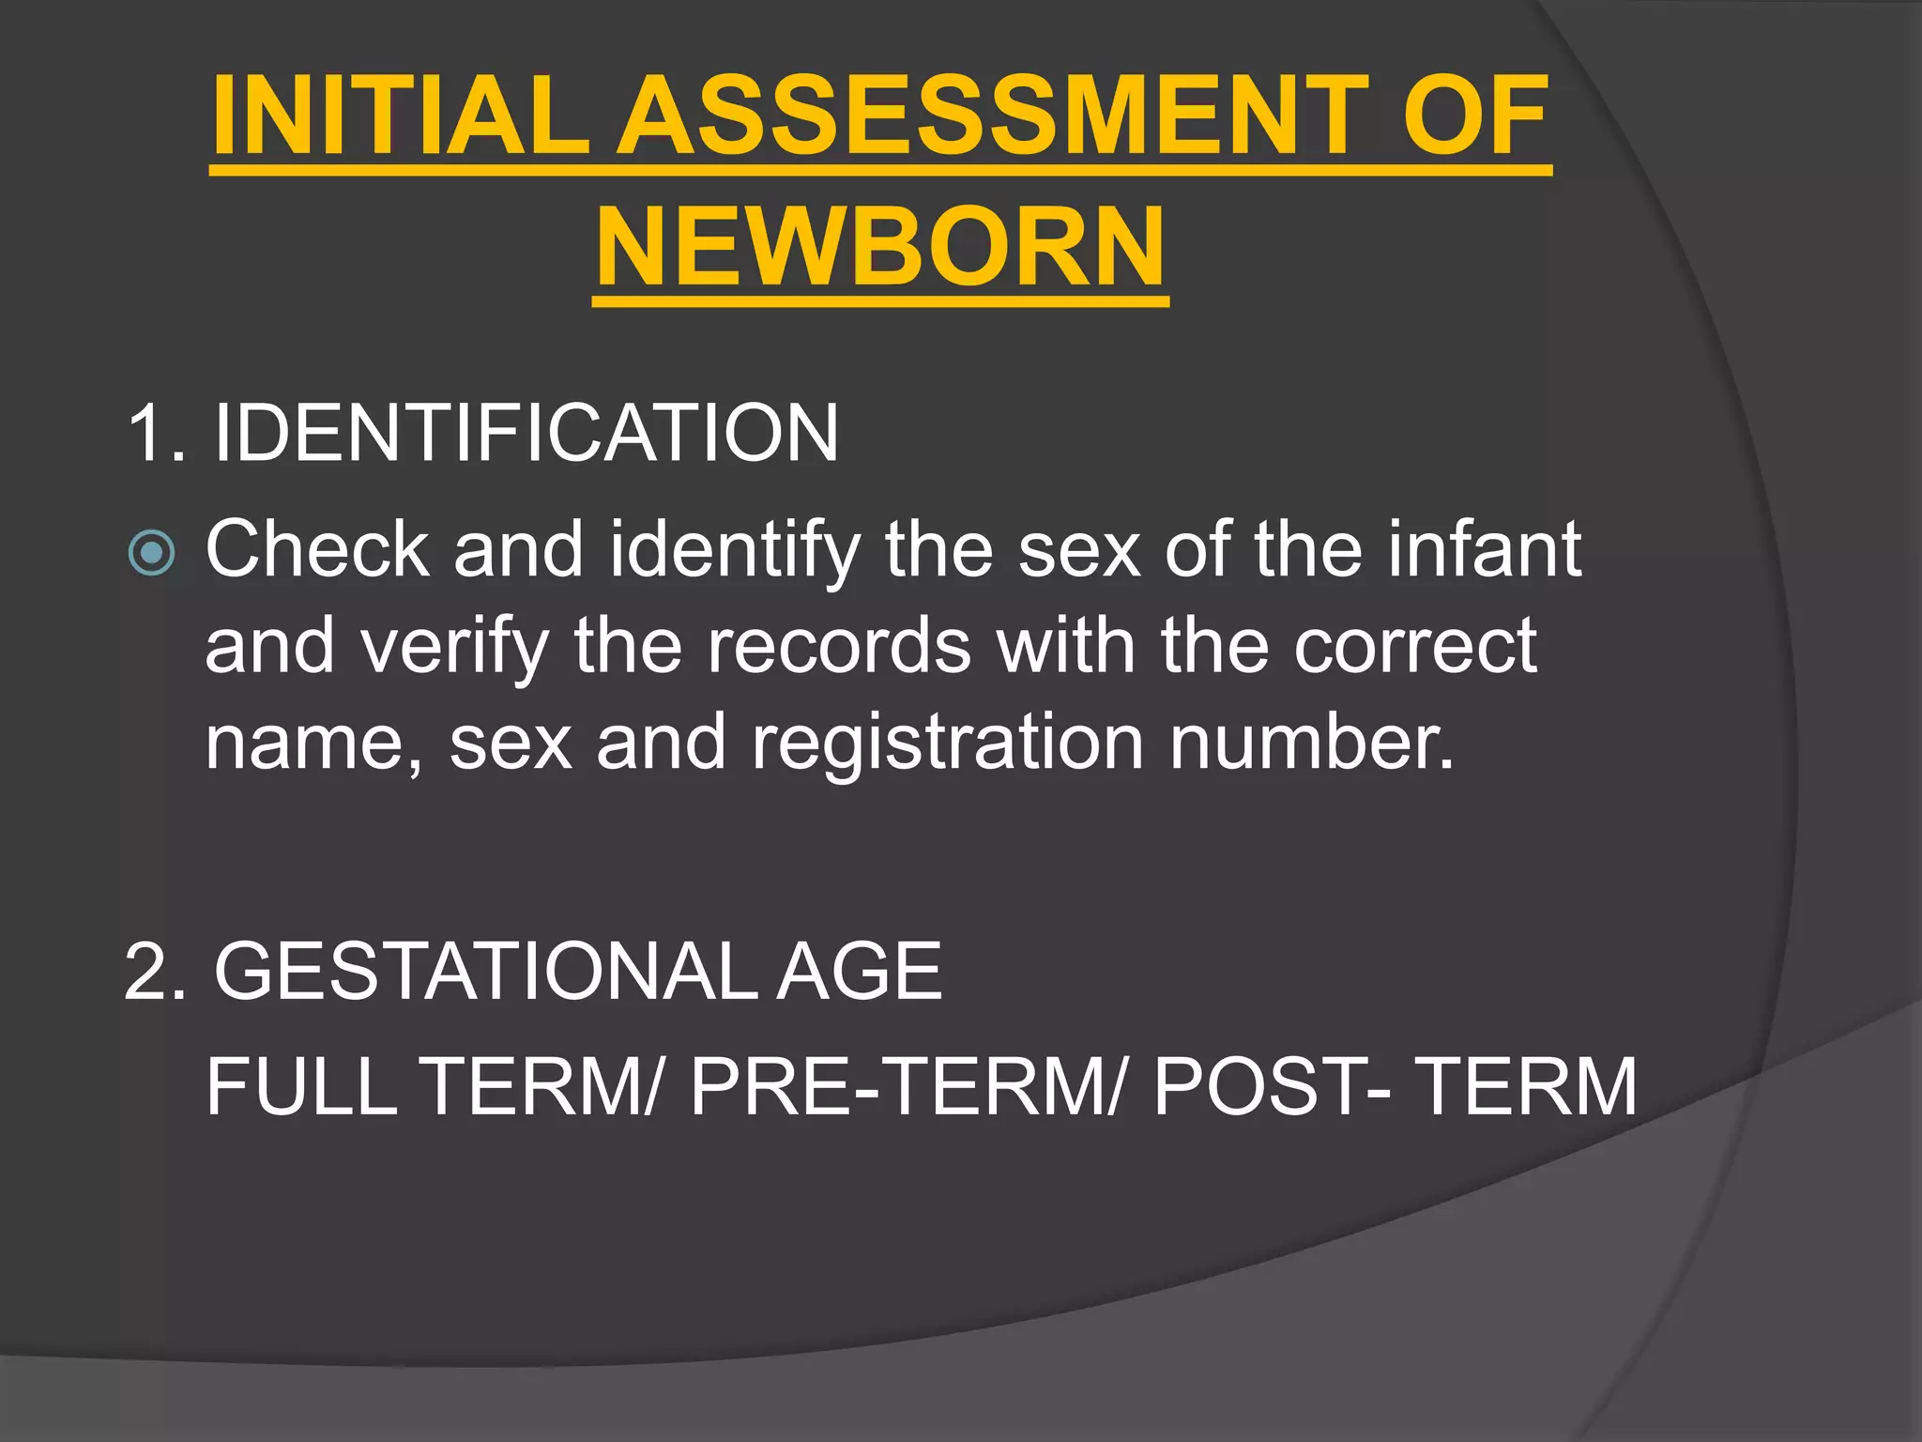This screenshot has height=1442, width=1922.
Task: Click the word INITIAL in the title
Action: tap(400, 116)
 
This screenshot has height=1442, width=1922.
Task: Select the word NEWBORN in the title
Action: tap(880, 248)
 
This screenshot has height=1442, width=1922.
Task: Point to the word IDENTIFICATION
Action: tap(526, 433)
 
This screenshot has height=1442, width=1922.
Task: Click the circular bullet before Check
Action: tap(151, 552)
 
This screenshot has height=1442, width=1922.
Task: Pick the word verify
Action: tap(454, 648)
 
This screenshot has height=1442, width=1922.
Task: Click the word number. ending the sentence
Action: tap(1311, 742)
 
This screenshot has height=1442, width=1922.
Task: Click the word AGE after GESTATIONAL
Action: tap(858, 972)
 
